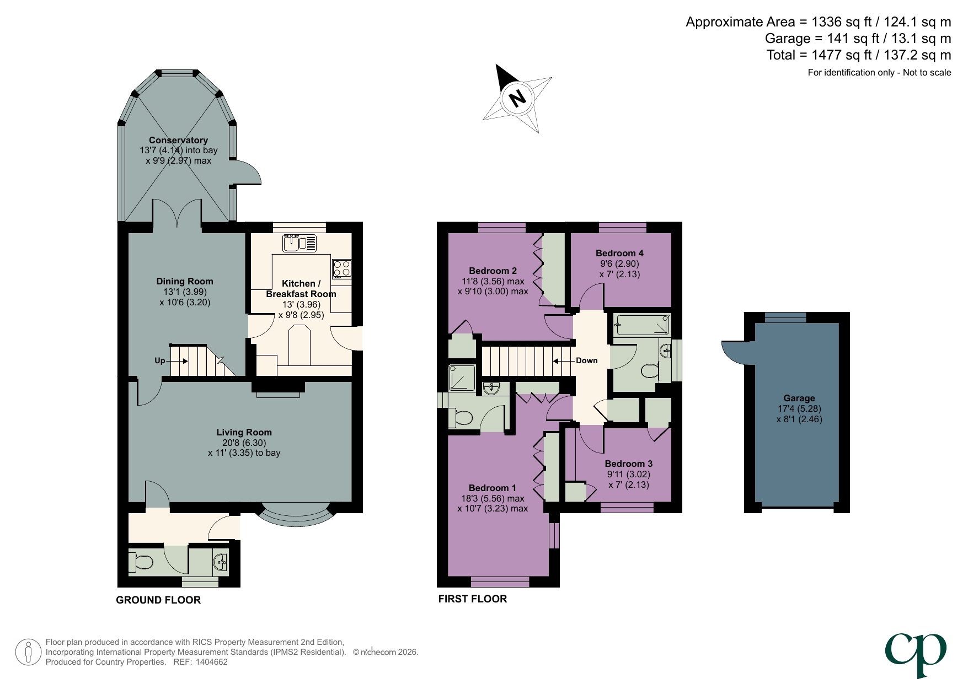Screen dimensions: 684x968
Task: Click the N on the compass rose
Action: point(517,99)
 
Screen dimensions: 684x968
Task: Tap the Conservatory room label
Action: point(178,140)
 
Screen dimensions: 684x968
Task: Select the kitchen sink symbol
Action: point(299,243)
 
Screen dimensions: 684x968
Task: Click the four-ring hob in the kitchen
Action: point(342,268)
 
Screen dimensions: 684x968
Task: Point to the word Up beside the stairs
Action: point(159,360)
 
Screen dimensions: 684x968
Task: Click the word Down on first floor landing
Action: point(586,360)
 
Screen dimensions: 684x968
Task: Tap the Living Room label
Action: point(244,432)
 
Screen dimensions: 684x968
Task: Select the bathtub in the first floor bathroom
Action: point(642,325)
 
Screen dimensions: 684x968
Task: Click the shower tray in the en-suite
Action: point(462,378)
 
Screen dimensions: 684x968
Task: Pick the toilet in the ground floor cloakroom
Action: point(141,562)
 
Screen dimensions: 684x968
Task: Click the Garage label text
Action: point(799,398)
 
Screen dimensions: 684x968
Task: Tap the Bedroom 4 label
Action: point(619,253)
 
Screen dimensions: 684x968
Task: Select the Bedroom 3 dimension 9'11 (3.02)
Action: point(628,474)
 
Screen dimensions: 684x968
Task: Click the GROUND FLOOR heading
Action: point(158,600)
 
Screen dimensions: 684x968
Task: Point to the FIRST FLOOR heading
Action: point(472,599)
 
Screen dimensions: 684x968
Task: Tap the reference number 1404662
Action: point(211,662)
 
